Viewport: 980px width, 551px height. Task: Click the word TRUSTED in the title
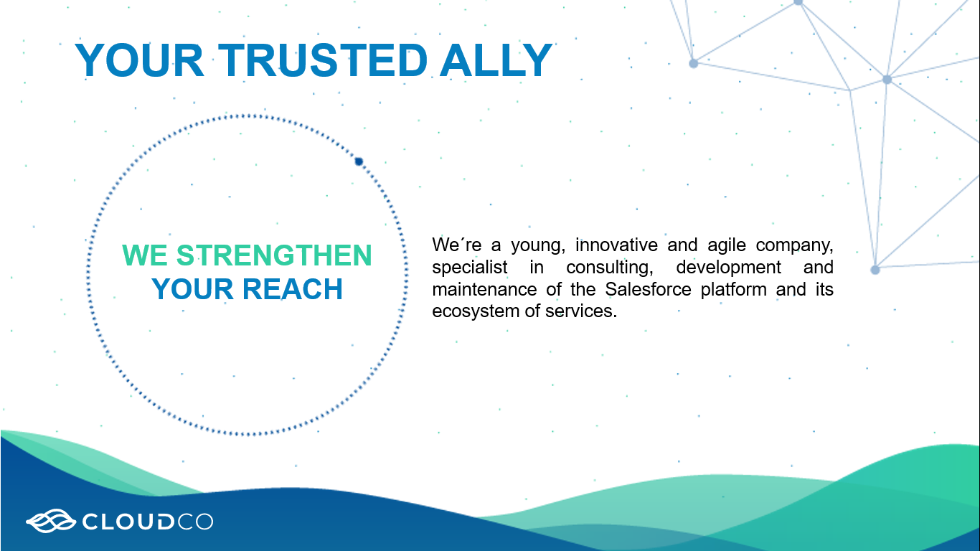(x=322, y=60)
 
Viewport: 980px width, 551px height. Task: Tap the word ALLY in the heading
(x=496, y=60)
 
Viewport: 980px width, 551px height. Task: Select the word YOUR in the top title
(x=140, y=60)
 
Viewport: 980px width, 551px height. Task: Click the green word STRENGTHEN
(x=274, y=255)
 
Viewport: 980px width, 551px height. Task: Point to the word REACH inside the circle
(x=292, y=289)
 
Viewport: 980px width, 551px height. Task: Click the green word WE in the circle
(x=144, y=255)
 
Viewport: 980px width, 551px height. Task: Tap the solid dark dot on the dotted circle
(x=359, y=162)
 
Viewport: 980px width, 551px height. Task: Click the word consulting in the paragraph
(x=609, y=268)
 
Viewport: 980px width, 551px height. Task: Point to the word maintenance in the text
(x=484, y=289)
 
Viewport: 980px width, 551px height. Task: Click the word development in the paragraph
(x=728, y=268)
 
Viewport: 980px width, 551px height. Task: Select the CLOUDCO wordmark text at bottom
(x=148, y=522)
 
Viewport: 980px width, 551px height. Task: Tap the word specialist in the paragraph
(x=469, y=268)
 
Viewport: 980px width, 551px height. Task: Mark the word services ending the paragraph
(x=581, y=311)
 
